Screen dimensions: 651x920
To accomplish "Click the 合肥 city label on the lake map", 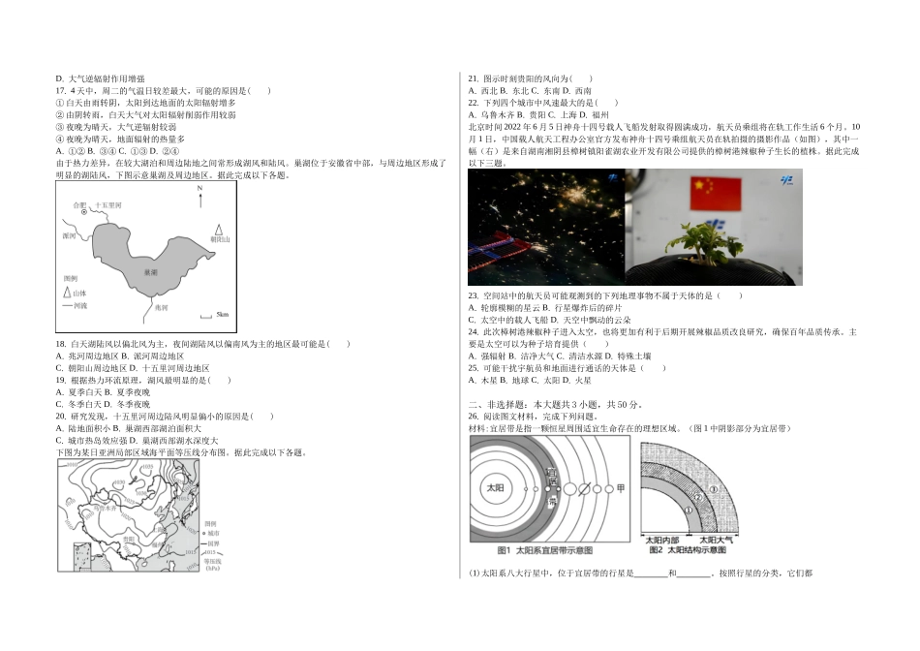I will pyautogui.click(x=79, y=205).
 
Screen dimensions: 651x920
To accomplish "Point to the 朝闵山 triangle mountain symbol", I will pyautogui.click(x=219, y=230).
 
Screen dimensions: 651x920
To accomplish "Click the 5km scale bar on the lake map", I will pyautogui.click(x=206, y=316).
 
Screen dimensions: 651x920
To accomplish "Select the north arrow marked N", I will pyautogui.click(x=199, y=201).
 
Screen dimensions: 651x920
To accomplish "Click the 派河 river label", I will pyautogui.click(x=69, y=234).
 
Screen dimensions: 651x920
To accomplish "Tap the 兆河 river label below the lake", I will pyautogui.click(x=161, y=306).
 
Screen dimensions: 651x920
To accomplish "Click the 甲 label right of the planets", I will pyautogui.click(x=621, y=486).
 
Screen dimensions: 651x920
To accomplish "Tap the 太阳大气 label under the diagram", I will pyautogui.click(x=718, y=540).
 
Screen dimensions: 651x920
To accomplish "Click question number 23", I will pyautogui.click(x=474, y=295).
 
